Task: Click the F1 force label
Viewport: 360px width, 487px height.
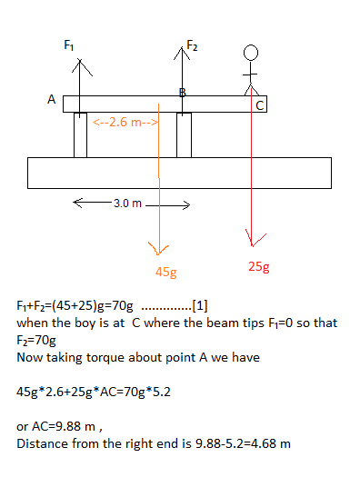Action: coord(69,45)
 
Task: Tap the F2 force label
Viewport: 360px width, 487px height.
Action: coord(192,45)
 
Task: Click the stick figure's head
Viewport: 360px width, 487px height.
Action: coord(252,53)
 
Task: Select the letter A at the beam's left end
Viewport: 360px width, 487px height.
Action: coord(52,100)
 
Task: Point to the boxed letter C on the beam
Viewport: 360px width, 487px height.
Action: coord(261,105)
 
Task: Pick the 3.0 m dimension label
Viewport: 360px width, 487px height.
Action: coord(124,204)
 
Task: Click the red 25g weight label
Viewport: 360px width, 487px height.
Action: coord(259,267)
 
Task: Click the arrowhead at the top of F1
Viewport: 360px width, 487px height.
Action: coord(82,65)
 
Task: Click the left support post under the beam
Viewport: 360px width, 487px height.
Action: coord(80,134)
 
